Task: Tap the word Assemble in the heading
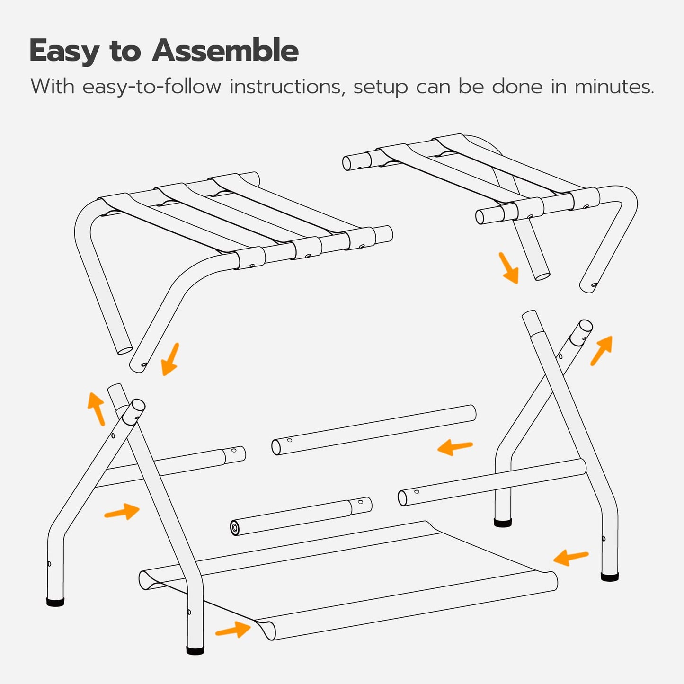(x=225, y=51)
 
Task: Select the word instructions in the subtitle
(x=286, y=87)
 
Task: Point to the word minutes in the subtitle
(x=614, y=87)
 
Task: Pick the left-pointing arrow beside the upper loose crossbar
(x=455, y=447)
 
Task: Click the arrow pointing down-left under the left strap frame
(x=170, y=359)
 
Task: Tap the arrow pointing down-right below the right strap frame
(x=509, y=268)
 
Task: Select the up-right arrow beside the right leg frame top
(x=602, y=350)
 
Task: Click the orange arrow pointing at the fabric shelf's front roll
(x=233, y=630)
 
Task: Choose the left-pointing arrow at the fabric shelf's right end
(x=571, y=558)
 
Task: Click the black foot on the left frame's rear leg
(x=55, y=602)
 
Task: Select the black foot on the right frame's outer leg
(x=610, y=577)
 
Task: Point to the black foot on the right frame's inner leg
(x=503, y=523)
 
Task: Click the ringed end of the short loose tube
(x=235, y=527)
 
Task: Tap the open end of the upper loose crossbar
(x=276, y=447)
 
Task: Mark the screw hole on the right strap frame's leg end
(x=594, y=285)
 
